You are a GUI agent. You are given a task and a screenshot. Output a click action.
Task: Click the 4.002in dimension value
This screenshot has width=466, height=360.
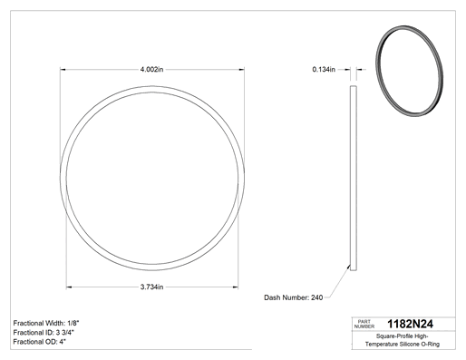pos(151,70)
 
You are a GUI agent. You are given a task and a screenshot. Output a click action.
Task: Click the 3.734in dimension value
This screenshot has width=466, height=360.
pos(151,287)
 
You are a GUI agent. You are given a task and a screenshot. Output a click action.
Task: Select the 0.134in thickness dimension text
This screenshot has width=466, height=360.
pos(324,70)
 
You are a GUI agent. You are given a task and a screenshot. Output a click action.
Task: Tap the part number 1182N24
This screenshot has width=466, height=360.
pos(410,324)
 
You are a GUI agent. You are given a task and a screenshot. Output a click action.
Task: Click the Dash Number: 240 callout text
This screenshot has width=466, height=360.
pos(294,297)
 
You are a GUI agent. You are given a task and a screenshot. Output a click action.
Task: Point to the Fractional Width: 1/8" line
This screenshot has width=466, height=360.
pos(46,323)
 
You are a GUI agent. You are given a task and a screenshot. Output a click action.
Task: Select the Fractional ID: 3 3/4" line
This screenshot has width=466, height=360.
pos(44,333)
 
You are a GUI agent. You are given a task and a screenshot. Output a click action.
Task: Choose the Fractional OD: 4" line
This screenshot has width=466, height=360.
pos(40,342)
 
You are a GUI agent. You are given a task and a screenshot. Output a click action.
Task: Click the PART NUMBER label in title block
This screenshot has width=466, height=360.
pos(364,324)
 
